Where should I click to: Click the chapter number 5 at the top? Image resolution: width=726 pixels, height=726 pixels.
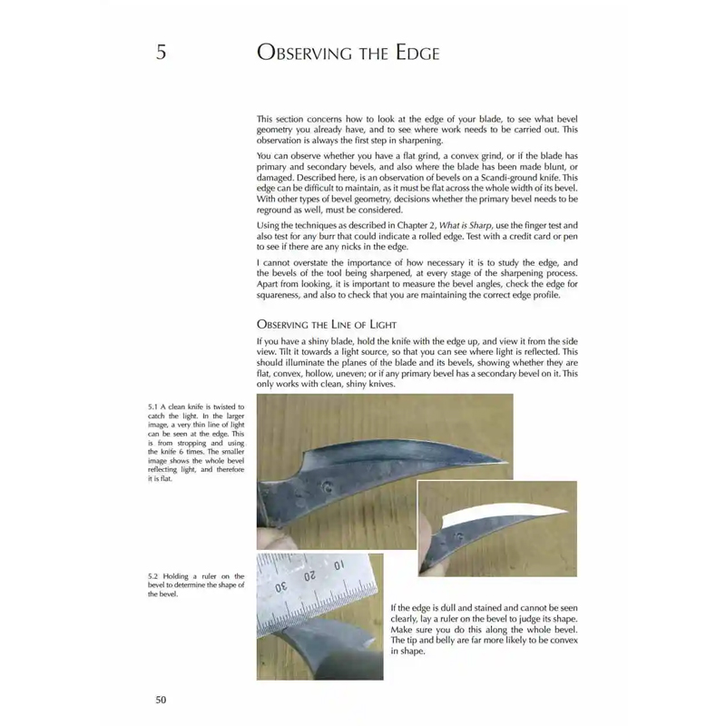point(161,53)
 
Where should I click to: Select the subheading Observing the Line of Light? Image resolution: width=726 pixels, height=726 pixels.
point(326,324)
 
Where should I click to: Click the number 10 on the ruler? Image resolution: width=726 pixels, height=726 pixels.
point(342,565)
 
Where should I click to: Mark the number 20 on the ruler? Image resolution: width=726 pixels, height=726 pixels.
point(309,575)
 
